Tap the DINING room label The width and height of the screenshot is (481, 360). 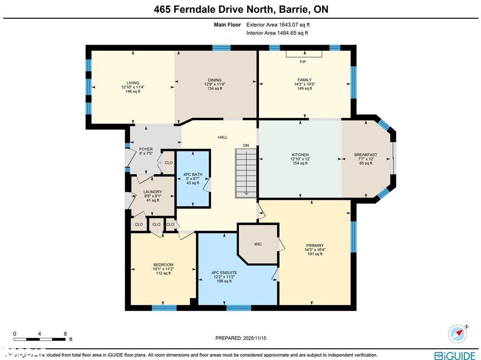pyautogui.click(x=215, y=80)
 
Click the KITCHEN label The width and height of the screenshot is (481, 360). pyautogui.click(x=300, y=155)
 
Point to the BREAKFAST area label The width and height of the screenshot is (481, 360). pyautogui.click(x=365, y=155)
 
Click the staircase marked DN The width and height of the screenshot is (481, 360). pyautogui.click(x=246, y=172)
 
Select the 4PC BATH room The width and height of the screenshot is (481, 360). pyautogui.click(x=193, y=179)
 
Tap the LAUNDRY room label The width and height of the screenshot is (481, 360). pyautogui.click(x=153, y=192)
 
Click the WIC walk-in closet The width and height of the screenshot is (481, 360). pyautogui.click(x=258, y=244)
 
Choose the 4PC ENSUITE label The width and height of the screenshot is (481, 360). pyautogui.click(x=224, y=273)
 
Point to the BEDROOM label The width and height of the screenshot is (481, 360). pyautogui.click(x=163, y=265)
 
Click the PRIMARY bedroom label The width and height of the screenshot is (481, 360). pyautogui.click(x=315, y=246)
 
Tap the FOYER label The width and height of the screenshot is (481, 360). pyautogui.click(x=146, y=149)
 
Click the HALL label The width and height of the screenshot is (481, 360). pyautogui.click(x=223, y=137)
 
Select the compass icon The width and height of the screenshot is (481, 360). pyautogui.click(x=458, y=333)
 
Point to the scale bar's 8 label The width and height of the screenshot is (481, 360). pyautogui.click(x=65, y=334)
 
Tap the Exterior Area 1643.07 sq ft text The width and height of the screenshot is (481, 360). pyautogui.click(x=278, y=25)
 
